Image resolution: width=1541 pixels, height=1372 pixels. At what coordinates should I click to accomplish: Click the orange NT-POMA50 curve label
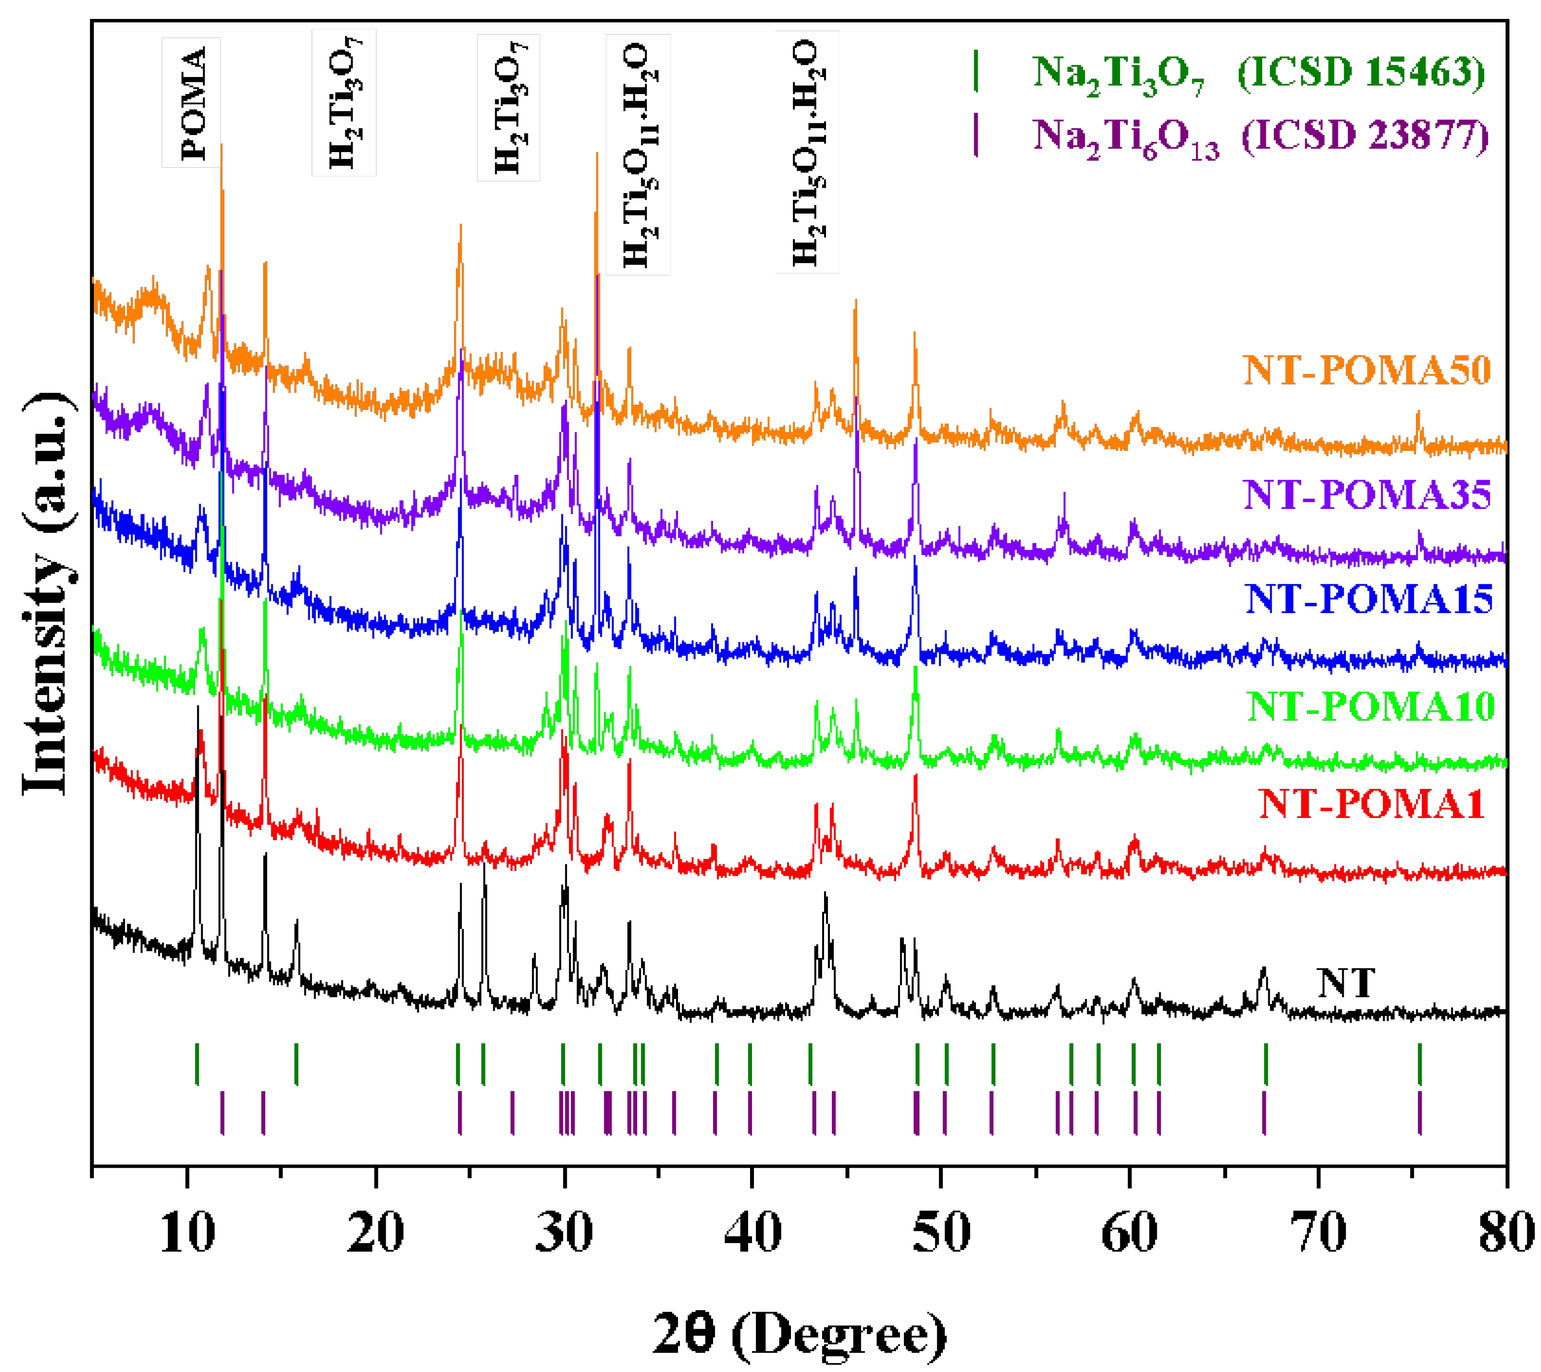coord(1366,370)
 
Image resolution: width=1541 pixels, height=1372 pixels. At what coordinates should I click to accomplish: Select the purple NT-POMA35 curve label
coord(1366,495)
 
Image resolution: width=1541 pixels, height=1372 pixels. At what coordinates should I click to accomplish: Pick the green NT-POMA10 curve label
coord(1370,706)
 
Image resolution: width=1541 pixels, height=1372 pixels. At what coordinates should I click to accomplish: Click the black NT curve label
coord(1346,983)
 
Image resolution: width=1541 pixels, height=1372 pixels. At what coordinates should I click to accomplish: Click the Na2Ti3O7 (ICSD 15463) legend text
coord(1258,73)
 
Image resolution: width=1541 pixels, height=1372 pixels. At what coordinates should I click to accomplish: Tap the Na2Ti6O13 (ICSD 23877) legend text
coord(1260,137)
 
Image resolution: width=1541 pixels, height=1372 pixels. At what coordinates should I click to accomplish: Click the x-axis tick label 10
coord(187,1233)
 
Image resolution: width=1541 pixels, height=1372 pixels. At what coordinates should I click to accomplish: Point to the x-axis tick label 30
coord(564,1233)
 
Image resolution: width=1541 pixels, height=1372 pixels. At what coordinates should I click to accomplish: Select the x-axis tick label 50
coord(941,1233)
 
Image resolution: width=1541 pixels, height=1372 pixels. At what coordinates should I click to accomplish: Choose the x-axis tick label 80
coord(1505,1233)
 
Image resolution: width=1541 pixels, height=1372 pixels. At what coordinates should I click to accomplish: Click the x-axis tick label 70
coord(1318,1233)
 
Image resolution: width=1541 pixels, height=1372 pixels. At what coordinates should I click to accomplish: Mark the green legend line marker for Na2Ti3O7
coord(976,71)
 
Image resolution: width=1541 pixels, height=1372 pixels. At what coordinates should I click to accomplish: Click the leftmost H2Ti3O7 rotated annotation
coord(344,102)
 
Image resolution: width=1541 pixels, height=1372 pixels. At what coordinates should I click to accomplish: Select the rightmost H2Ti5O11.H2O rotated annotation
coord(807,152)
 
